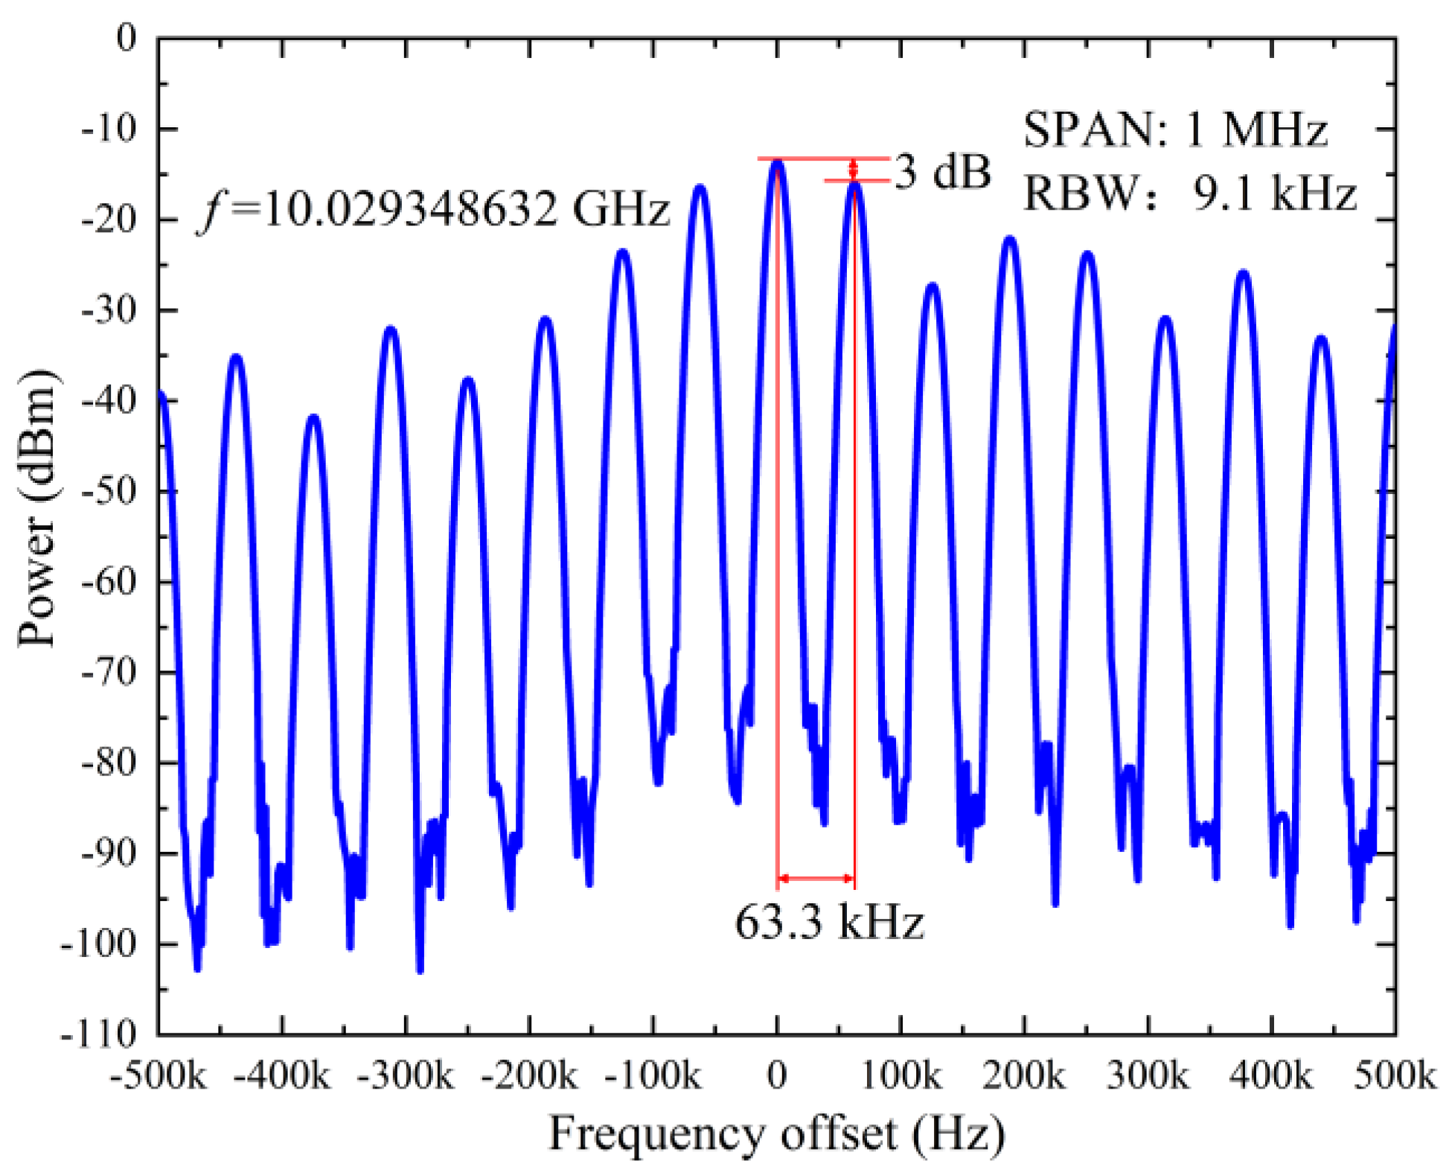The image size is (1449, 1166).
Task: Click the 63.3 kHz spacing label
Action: tap(829, 923)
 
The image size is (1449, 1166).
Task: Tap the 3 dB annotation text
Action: tap(943, 172)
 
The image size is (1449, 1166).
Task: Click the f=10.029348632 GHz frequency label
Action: tap(434, 209)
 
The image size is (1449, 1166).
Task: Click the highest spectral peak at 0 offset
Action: tap(778, 161)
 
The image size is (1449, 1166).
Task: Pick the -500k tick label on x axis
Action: tap(159, 1076)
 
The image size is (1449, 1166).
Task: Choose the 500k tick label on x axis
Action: tap(1394, 1076)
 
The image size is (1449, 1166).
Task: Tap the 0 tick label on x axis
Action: tap(777, 1076)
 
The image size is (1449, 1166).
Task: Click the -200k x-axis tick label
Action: tap(529, 1076)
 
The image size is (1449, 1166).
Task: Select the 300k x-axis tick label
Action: tap(1147, 1076)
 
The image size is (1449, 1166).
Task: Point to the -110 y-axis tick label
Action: tap(99, 1034)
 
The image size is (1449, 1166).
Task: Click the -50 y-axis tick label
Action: tap(109, 491)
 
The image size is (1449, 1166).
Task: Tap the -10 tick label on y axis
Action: tap(109, 129)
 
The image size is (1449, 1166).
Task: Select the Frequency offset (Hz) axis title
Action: tap(777, 1135)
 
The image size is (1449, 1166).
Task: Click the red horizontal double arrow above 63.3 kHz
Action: tap(816, 879)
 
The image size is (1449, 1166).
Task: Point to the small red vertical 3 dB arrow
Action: tap(854, 170)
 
